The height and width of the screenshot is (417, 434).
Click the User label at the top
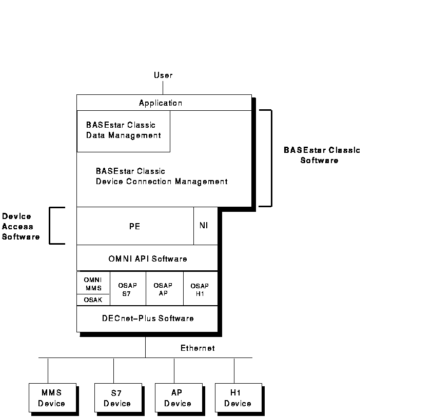(163, 75)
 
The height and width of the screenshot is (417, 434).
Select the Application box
(161, 103)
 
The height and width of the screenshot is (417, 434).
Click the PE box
(135, 226)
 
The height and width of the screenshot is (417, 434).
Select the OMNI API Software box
(147, 259)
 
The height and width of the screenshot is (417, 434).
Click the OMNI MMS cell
(93, 283)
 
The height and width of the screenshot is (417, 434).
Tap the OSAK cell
(93, 300)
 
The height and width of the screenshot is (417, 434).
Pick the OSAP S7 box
(128, 289)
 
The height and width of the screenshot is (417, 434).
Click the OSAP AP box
(164, 289)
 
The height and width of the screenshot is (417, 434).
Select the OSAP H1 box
(200, 289)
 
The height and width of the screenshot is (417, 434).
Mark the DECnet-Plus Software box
(147, 319)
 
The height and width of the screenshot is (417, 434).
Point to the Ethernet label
(198, 348)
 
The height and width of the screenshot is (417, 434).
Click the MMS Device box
(52, 398)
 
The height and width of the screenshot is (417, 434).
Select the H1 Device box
(238, 398)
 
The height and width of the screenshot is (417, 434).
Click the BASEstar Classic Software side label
(321, 155)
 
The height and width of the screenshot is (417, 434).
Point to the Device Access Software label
(21, 226)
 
